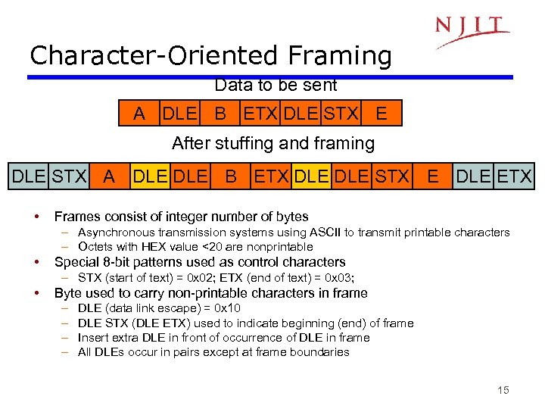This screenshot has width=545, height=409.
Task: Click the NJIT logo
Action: (x=472, y=30)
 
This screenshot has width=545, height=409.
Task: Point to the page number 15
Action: (x=503, y=389)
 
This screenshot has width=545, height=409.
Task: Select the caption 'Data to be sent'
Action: (x=276, y=86)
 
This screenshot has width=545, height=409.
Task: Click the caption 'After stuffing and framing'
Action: (x=272, y=143)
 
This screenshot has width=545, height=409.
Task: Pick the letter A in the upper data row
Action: (x=139, y=114)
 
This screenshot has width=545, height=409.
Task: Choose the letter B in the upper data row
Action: (x=220, y=114)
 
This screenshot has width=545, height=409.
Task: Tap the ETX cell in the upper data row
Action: (x=260, y=114)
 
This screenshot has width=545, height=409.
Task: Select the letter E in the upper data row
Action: (x=381, y=114)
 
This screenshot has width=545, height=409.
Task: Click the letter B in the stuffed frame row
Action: (x=231, y=177)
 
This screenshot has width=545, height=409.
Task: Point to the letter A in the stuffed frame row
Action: (x=109, y=177)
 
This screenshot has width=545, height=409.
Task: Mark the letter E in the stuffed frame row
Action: (x=432, y=177)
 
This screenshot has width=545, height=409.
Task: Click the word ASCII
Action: (x=331, y=233)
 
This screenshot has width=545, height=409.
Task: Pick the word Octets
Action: (x=95, y=246)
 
